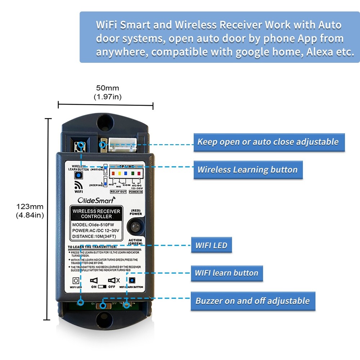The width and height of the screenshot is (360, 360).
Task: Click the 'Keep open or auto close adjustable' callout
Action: point(269,142)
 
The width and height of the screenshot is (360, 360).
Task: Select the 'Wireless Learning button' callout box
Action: point(248,170)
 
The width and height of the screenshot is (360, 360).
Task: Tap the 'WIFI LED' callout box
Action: point(211,246)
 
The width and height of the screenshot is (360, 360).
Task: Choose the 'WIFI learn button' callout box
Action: point(226,273)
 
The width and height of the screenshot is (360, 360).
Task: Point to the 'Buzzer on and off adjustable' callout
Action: point(253,301)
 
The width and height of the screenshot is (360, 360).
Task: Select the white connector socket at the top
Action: point(121,146)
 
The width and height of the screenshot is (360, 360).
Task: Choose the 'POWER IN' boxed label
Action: point(135,192)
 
